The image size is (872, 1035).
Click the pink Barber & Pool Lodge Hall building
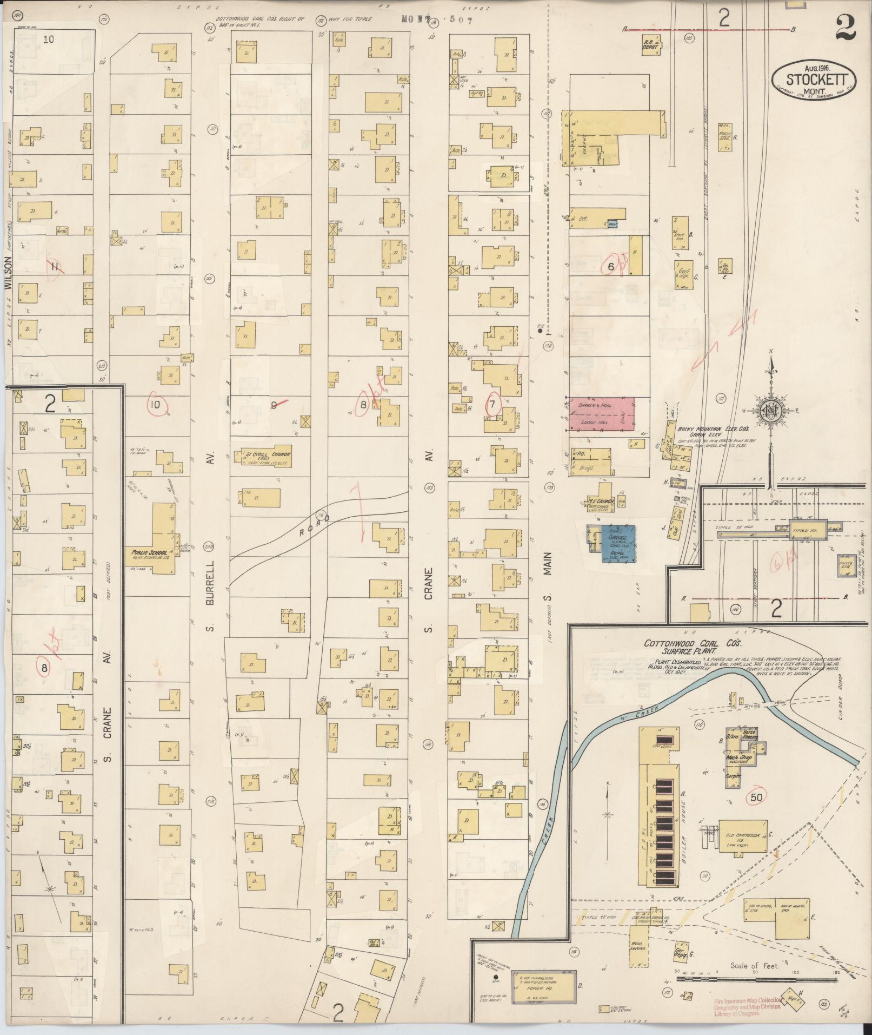coord(600,414)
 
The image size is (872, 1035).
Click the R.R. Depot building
coord(651,45)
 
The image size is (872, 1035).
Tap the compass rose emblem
coord(771,410)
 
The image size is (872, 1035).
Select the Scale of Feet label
coord(754,965)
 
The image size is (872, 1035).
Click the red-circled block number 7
coord(492,404)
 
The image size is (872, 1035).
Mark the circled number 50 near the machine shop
coord(756,797)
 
